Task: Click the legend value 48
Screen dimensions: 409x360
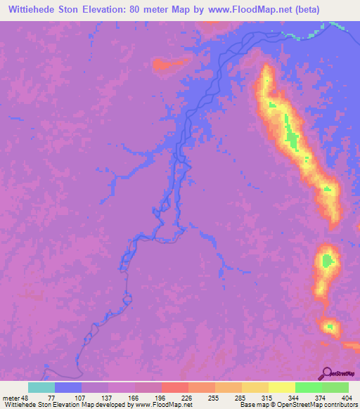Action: pos(27,397)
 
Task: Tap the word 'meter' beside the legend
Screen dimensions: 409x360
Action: pos(11,397)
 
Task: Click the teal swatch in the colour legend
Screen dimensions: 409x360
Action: pos(41,387)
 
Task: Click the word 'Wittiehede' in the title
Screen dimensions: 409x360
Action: pos(31,10)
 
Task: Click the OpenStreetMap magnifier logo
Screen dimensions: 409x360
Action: pos(328,374)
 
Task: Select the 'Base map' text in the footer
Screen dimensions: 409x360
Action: pos(252,405)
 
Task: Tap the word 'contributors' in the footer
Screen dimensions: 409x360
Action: pos(339,405)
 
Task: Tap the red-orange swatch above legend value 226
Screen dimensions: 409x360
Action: pos(174,387)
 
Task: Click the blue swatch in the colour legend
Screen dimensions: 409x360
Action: pos(68,387)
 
